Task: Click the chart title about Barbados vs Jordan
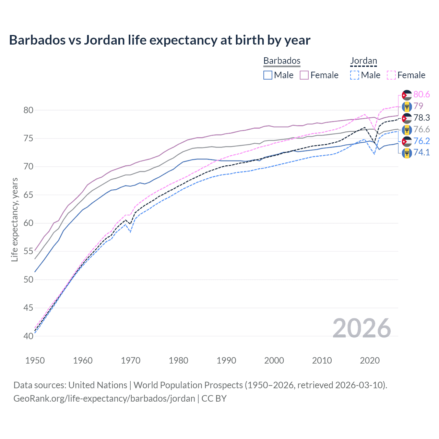(x=159, y=40)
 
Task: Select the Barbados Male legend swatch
(x=268, y=75)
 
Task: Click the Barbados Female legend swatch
(x=304, y=75)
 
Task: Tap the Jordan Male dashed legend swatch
(x=355, y=75)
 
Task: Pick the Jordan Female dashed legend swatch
(x=391, y=75)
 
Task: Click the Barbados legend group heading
(x=282, y=61)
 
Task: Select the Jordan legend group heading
(x=363, y=61)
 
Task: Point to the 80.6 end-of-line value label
(x=422, y=94)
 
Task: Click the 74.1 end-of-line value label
(x=422, y=152)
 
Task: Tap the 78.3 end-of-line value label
(x=422, y=118)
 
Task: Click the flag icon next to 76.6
(x=407, y=130)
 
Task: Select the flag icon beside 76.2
(x=407, y=141)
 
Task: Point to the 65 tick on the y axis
(x=28, y=195)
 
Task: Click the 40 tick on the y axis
(x=28, y=336)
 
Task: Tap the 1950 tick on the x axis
(x=35, y=360)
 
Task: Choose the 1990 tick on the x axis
(x=226, y=360)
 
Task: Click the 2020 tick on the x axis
(x=370, y=360)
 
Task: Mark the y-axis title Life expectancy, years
(x=14, y=219)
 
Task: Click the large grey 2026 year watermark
(x=361, y=328)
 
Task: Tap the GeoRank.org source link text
(x=104, y=399)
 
